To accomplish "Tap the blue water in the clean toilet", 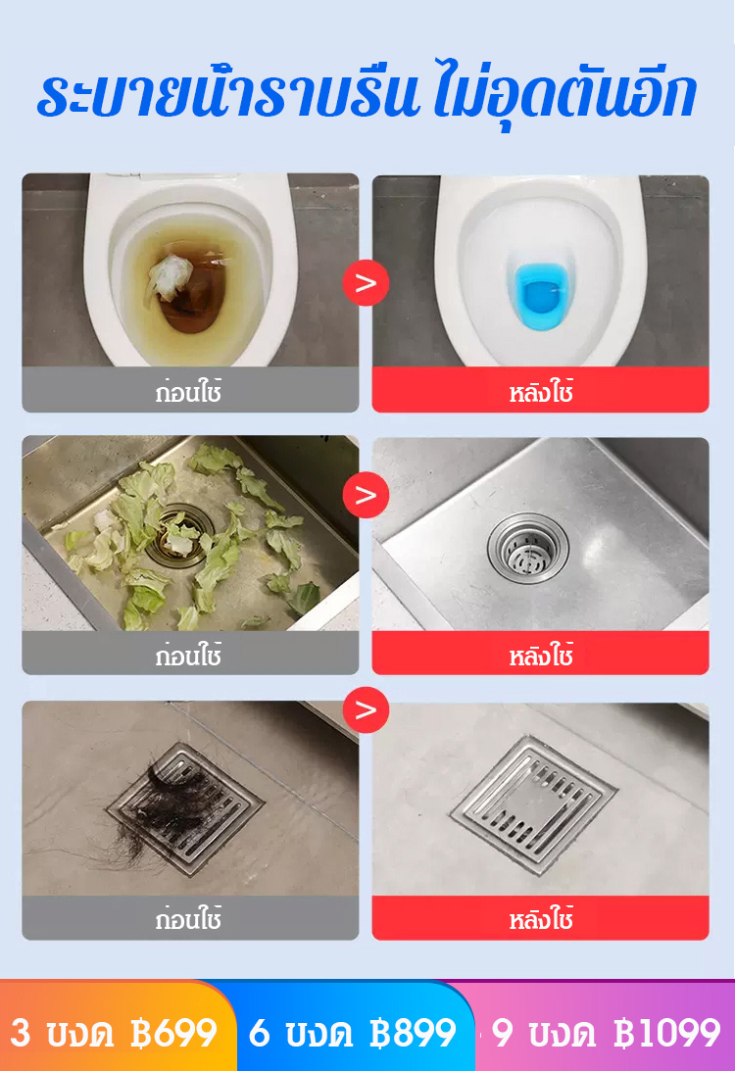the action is pyautogui.click(x=540, y=296).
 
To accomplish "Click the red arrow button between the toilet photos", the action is pyautogui.click(x=366, y=283).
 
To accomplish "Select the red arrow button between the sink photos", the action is pyautogui.click(x=366, y=495).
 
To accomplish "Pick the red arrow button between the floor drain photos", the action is pyautogui.click(x=366, y=709).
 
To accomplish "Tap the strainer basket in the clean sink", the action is pyautogui.click(x=527, y=548).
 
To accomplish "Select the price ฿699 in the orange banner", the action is pyautogui.click(x=173, y=1033).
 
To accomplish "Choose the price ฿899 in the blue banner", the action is pyautogui.click(x=412, y=1033).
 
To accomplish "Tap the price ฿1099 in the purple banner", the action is pyautogui.click(x=667, y=1033).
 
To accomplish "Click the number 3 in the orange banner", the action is pyautogui.click(x=21, y=1033).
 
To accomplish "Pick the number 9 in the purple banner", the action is pyautogui.click(x=502, y=1033).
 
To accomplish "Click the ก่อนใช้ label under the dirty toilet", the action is pyautogui.click(x=188, y=392).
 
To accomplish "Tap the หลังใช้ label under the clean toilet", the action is pyautogui.click(x=541, y=392).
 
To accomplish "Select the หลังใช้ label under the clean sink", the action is pyautogui.click(x=541, y=655).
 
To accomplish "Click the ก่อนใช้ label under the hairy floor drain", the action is pyautogui.click(x=188, y=919).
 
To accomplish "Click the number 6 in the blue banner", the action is pyautogui.click(x=259, y=1033).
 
